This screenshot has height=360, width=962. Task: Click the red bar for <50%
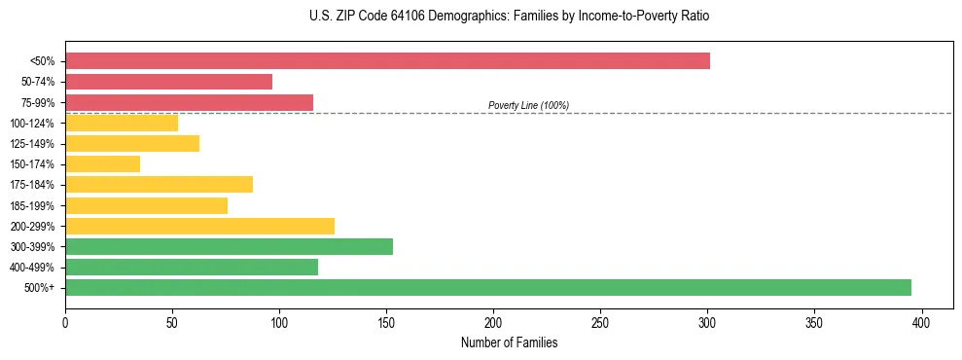tap(387, 61)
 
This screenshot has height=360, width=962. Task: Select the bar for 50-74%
tap(168, 82)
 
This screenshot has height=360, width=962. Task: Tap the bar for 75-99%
tap(189, 102)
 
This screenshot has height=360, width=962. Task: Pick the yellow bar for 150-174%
tap(102, 164)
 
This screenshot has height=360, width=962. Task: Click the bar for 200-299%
tap(199, 226)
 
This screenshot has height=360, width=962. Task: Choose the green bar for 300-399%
tap(229, 246)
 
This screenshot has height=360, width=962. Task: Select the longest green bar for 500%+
tap(487, 287)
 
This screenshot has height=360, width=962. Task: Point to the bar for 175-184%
tap(159, 185)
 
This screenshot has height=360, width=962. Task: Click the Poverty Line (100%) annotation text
tap(528, 105)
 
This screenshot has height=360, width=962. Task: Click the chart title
tap(503, 17)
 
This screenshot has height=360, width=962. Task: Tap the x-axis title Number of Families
tap(509, 343)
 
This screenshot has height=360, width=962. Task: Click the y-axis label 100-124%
tap(32, 124)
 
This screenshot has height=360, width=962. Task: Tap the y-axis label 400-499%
tap(32, 268)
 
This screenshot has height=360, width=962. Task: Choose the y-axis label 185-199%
tap(32, 206)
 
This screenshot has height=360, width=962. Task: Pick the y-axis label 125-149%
tap(32, 144)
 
